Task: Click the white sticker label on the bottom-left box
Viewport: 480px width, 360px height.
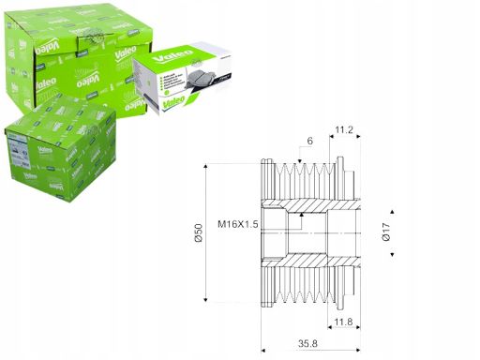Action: pyautogui.click(x=20, y=148)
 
